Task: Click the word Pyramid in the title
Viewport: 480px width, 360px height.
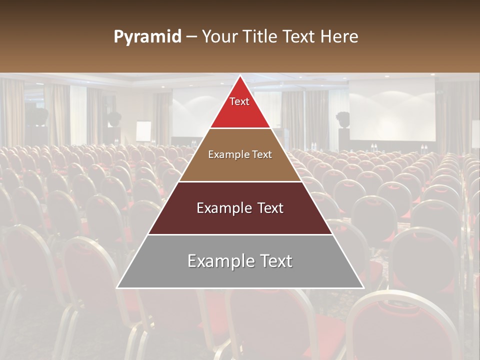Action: [x=147, y=37]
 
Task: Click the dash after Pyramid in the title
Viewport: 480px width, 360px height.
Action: [x=191, y=37]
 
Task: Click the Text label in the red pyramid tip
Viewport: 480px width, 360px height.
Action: [x=239, y=101]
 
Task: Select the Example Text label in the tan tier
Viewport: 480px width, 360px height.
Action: [x=240, y=154]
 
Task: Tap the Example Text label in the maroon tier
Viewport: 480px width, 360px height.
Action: [x=240, y=208]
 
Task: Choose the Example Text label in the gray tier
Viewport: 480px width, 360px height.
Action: [x=240, y=261]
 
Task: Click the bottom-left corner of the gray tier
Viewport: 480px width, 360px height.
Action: [x=117, y=287]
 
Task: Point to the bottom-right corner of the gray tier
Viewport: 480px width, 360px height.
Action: [x=363, y=287]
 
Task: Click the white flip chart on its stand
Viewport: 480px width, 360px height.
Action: [x=143, y=131]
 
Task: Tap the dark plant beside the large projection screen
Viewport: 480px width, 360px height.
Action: [x=343, y=119]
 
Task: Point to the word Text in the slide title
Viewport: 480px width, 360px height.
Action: [x=300, y=37]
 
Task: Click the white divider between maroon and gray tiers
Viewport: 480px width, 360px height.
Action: [x=240, y=234]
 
